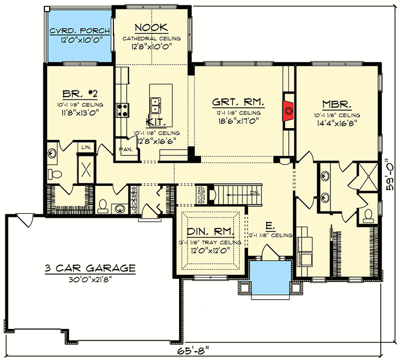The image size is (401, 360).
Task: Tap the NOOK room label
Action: coord(151,27)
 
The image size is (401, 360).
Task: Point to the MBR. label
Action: coord(336,104)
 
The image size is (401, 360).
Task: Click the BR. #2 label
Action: coord(74,92)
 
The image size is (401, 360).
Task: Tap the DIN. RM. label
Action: coord(211,232)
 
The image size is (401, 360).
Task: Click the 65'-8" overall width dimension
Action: coord(195,351)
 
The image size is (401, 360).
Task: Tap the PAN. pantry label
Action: coord(126,150)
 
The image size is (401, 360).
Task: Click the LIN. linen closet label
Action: coord(86,146)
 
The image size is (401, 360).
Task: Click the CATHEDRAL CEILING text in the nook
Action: coord(151,38)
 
